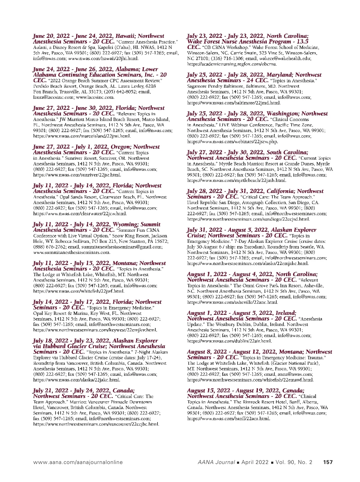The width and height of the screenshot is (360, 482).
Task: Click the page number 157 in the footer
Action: click(x=328, y=462)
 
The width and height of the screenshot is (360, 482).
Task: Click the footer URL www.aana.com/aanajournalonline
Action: click(x=78, y=462)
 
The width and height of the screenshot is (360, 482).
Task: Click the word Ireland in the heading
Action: click(x=285, y=313)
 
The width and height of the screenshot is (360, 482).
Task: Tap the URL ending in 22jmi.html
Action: click(x=82, y=136)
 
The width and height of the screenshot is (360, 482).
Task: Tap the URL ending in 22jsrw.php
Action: click(x=232, y=142)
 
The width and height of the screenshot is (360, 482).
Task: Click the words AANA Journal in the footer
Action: click(x=216, y=462)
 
